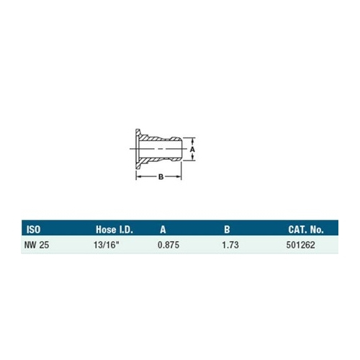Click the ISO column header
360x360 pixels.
click(x=33, y=230)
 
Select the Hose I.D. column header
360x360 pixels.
click(x=114, y=230)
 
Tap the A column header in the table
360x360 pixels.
click(x=163, y=230)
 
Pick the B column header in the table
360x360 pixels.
click(x=227, y=230)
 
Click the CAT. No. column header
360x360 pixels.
click(x=306, y=230)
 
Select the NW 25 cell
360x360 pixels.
click(x=37, y=245)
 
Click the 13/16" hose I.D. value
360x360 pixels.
click(x=107, y=245)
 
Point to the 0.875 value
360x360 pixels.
click(x=168, y=245)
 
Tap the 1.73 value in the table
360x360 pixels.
click(x=230, y=245)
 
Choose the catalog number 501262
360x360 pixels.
click(x=300, y=245)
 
